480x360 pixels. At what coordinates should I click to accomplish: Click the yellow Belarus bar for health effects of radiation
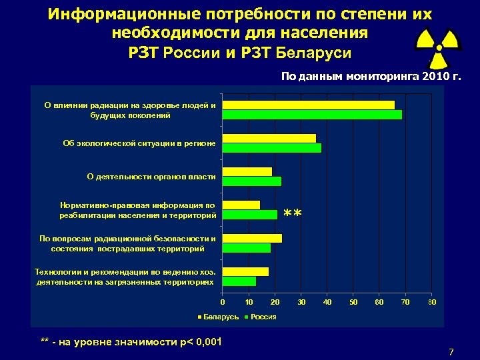pyautogui.click(x=309, y=105)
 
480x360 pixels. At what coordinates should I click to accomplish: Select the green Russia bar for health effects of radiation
pyautogui.click(x=312, y=115)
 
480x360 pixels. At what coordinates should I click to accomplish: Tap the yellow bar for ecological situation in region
pyautogui.click(x=269, y=138)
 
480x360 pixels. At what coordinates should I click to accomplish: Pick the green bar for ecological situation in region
pyautogui.click(x=272, y=148)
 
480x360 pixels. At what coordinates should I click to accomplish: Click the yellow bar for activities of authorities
pyautogui.click(x=247, y=171)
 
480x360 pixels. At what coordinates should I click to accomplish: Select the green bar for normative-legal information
pyautogui.click(x=250, y=215)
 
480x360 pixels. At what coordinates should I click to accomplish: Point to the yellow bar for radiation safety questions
pyautogui.click(x=252, y=238)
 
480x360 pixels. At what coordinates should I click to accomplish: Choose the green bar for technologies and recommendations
pyautogui.click(x=239, y=281)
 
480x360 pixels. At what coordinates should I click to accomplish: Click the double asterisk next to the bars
pyautogui.click(x=293, y=214)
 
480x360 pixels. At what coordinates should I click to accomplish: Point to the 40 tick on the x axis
pyautogui.click(x=327, y=303)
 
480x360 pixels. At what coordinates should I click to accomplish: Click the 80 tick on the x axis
pyautogui.click(x=432, y=303)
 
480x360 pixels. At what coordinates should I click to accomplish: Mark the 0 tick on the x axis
pyautogui.click(x=223, y=303)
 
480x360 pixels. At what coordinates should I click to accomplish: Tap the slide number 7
pyautogui.click(x=451, y=351)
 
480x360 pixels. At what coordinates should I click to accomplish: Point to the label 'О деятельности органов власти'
pyautogui.click(x=151, y=177)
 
